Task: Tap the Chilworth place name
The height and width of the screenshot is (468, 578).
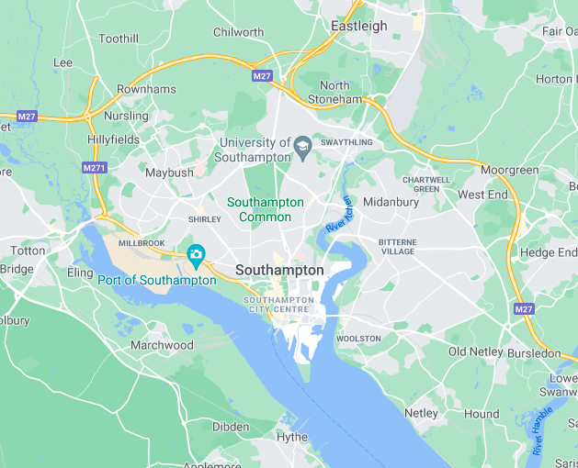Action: click(x=238, y=32)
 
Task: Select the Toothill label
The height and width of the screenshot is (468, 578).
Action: click(x=118, y=39)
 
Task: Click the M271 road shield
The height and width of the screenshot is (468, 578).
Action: click(x=94, y=168)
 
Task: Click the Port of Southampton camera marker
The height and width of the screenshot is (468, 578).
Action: click(x=196, y=253)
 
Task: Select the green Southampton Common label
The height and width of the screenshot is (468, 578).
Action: click(x=265, y=209)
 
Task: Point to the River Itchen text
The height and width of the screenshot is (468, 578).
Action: click(x=338, y=214)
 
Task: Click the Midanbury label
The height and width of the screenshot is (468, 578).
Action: click(x=391, y=202)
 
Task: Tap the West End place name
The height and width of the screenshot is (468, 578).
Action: click(x=482, y=195)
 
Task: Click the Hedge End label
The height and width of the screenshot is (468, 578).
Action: click(x=550, y=252)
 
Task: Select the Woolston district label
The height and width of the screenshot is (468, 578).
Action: click(x=358, y=339)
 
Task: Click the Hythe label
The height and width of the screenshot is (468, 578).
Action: click(x=292, y=437)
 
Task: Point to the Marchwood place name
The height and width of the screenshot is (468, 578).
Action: click(x=162, y=345)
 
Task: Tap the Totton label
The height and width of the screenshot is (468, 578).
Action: click(x=28, y=251)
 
